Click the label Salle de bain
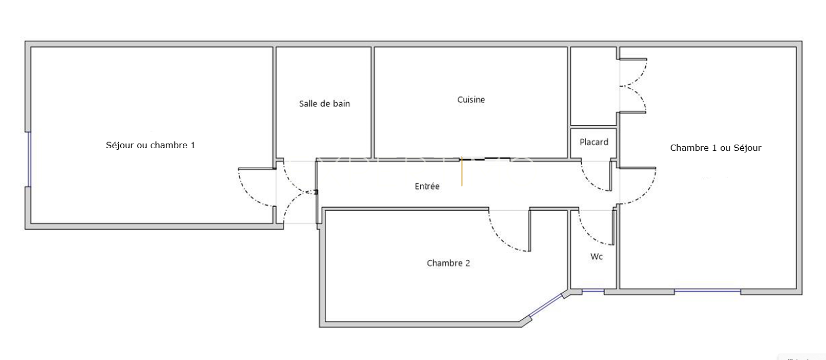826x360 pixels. [x=325, y=104]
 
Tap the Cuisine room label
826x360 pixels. [x=471, y=100]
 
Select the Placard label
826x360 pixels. [x=594, y=142]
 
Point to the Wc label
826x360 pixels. [x=596, y=256]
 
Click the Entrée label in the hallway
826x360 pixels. [x=427, y=186]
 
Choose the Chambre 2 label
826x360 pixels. [x=449, y=263]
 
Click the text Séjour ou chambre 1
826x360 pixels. [x=150, y=145]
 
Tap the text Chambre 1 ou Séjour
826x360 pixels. [x=716, y=148]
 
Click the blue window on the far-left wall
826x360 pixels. [x=29, y=160]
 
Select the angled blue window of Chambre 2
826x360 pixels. [x=546, y=305]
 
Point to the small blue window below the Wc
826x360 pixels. [x=593, y=291]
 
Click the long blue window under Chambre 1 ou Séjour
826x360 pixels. [x=708, y=291]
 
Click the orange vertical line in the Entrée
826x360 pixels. [x=462, y=171]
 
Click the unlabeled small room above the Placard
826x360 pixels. [x=594, y=86]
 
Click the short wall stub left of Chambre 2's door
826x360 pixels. [x=530, y=229]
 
